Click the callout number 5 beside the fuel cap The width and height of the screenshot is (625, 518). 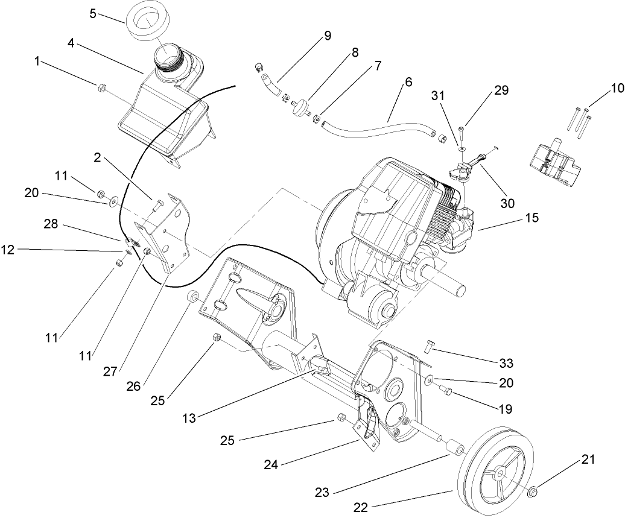[x=92, y=13]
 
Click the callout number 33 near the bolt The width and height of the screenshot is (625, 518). [x=506, y=363]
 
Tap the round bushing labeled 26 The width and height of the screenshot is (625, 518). [x=194, y=296]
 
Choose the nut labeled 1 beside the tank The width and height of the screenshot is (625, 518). [x=100, y=89]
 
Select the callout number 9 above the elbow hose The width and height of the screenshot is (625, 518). [x=327, y=36]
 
